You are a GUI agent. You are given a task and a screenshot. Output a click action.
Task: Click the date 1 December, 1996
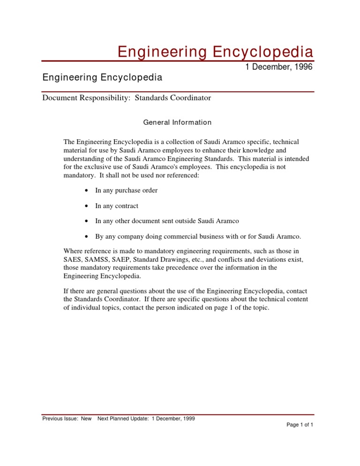279,68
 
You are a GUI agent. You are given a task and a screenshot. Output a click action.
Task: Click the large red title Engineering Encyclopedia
215,51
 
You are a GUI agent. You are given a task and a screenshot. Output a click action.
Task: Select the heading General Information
177,122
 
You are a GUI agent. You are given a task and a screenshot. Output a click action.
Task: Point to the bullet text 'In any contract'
116,206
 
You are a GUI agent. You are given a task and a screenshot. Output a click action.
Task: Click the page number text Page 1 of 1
300,425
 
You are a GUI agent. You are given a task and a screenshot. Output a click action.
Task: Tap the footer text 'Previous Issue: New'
67,418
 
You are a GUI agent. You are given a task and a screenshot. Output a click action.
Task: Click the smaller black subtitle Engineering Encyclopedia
102,77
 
